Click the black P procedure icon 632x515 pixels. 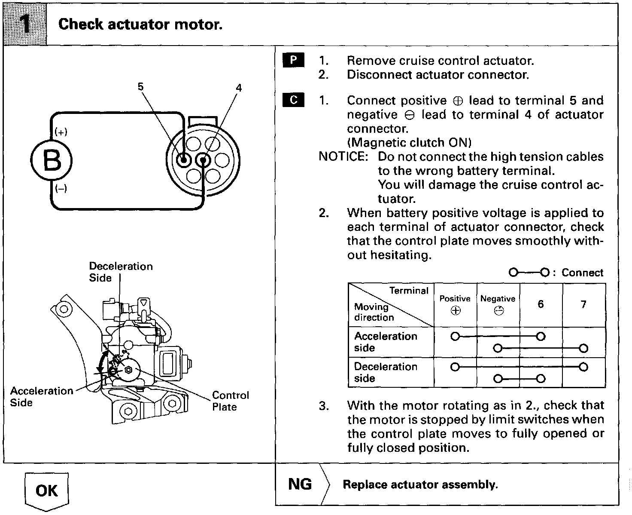click(x=293, y=60)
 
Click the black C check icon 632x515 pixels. click(x=293, y=100)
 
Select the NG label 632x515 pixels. click(x=300, y=484)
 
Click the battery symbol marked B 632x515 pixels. click(x=52, y=161)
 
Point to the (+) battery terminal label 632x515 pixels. click(x=61, y=132)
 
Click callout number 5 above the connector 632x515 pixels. click(x=140, y=87)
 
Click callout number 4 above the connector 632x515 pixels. click(x=239, y=88)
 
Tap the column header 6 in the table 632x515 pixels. click(x=541, y=304)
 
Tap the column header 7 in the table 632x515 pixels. click(x=583, y=304)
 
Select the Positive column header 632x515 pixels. click(x=455, y=304)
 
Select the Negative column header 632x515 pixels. click(x=498, y=304)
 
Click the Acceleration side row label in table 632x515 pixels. click(x=386, y=342)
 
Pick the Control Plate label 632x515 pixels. click(x=231, y=401)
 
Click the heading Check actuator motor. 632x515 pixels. click(x=140, y=24)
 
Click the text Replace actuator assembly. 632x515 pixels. click(x=420, y=485)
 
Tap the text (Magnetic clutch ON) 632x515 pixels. click(x=409, y=142)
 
